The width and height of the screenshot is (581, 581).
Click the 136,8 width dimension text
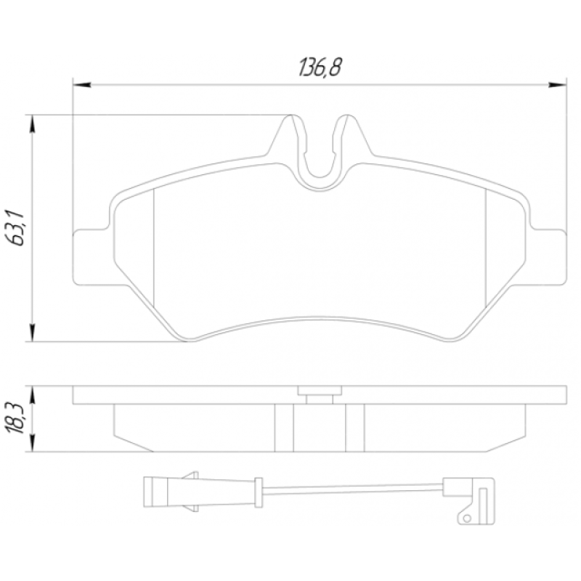tap(320, 68)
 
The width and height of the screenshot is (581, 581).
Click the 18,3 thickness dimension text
tap(15, 419)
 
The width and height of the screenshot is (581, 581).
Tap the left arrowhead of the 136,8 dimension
tap(82, 85)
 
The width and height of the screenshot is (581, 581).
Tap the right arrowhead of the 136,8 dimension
tap(557, 85)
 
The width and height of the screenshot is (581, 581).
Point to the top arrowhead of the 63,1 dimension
tap(33, 123)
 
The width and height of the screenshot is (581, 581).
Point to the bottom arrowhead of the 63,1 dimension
tap(33, 333)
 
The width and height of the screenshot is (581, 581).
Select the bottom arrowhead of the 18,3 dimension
tap(33, 442)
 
